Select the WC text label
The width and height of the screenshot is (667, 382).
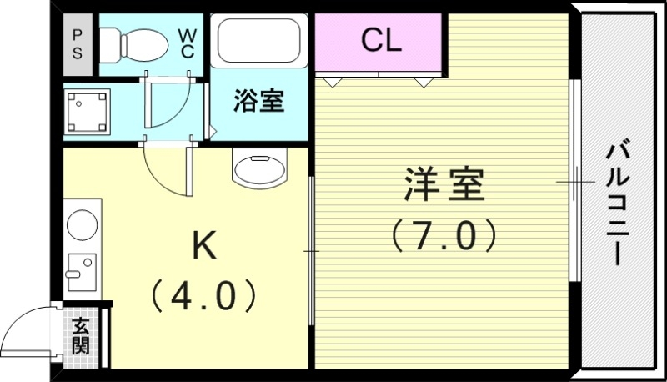pos(186,43)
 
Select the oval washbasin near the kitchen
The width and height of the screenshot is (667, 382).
pos(258,169)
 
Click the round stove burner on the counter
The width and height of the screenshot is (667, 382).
pos(82,224)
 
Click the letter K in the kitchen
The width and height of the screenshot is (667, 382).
pos(205,245)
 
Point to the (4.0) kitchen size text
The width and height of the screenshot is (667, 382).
pos(205,294)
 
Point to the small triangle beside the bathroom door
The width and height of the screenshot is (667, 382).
pos(213,132)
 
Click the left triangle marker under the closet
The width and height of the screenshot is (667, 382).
pos(333,82)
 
